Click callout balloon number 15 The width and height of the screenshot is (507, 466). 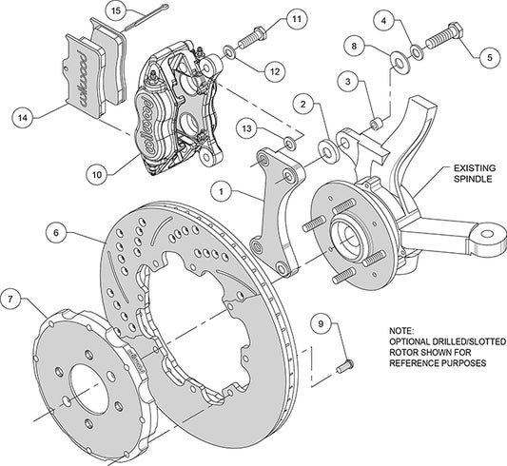point(115,11)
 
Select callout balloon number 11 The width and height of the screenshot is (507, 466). point(296,19)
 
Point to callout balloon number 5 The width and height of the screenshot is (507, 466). point(488,56)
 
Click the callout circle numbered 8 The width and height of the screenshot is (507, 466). point(353,45)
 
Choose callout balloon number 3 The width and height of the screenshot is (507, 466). point(349,83)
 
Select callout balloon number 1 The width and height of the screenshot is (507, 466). point(221,190)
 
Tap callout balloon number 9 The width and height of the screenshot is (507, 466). point(322,324)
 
